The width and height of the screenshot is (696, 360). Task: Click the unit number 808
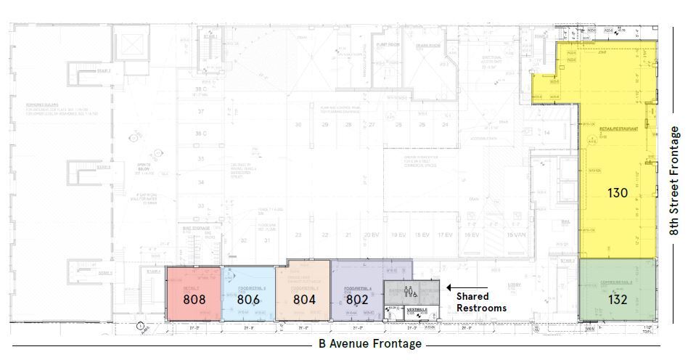195,299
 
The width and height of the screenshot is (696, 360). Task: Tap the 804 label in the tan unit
303,298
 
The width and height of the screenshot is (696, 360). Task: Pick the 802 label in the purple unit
356,298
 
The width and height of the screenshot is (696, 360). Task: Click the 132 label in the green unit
618,299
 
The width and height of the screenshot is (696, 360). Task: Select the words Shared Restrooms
481,302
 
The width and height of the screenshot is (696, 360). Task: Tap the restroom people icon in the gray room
412,292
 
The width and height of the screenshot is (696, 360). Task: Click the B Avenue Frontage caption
369,344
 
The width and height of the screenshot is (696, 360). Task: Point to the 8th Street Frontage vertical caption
674,181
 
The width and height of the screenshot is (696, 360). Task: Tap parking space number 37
201,112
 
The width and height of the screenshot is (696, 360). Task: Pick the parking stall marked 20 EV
371,235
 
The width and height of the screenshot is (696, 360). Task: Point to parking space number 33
201,206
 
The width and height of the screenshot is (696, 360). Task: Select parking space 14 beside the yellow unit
546,133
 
